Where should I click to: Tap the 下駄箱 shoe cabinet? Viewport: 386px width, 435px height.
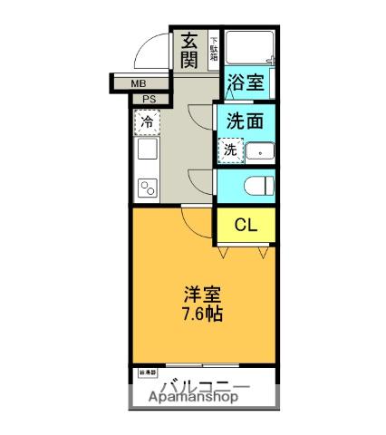point(214,48)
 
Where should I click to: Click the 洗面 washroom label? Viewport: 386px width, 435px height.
point(245,121)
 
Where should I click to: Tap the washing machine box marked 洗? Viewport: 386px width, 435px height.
point(230,150)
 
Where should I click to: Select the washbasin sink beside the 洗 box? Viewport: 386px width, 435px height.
point(259,151)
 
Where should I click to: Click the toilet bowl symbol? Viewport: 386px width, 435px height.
point(256,187)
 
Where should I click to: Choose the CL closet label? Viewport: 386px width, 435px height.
point(244,226)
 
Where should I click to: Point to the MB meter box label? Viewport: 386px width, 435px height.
point(139,84)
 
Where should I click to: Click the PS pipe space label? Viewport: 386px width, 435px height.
point(149,100)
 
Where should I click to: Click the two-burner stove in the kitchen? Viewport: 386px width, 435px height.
point(147,188)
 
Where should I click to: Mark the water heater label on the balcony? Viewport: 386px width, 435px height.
point(145,372)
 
